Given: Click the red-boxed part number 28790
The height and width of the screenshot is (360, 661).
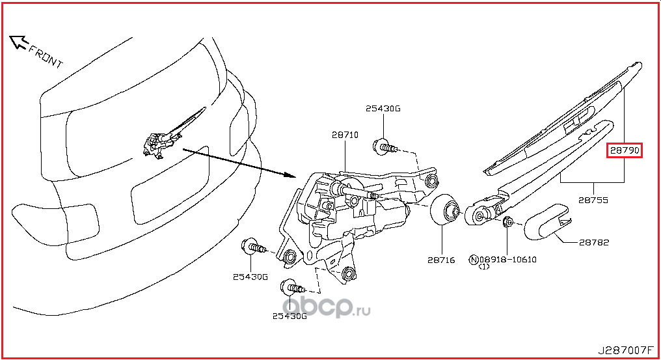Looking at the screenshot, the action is point(625,150).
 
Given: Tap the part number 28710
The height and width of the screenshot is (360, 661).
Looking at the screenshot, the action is point(345,135).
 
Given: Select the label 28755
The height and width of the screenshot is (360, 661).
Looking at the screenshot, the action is point(593,200).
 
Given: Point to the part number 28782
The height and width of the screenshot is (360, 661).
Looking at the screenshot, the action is point(594,242).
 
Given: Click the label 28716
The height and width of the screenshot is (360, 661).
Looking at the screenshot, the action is point(441,260).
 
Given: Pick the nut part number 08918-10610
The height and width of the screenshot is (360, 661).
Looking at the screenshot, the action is point(508,260).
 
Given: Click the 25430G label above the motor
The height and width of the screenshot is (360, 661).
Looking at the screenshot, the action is point(383,109).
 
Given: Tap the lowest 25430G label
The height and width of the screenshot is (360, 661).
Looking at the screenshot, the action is point(290,316).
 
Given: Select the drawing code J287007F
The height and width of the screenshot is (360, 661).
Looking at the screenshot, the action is point(625,350).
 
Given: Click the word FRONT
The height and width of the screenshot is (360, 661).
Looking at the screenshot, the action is point(46,57).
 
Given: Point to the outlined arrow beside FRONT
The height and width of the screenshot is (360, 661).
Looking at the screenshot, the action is point(18,42).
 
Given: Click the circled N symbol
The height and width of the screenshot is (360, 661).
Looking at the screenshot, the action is point(474,260).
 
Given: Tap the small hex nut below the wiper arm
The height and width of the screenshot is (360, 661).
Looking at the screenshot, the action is point(508,222).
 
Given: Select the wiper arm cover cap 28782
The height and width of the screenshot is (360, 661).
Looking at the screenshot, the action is point(546,221).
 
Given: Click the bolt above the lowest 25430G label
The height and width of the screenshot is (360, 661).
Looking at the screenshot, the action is point(291,288).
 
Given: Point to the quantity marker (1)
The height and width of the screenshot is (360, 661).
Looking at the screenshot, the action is point(484,267).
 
